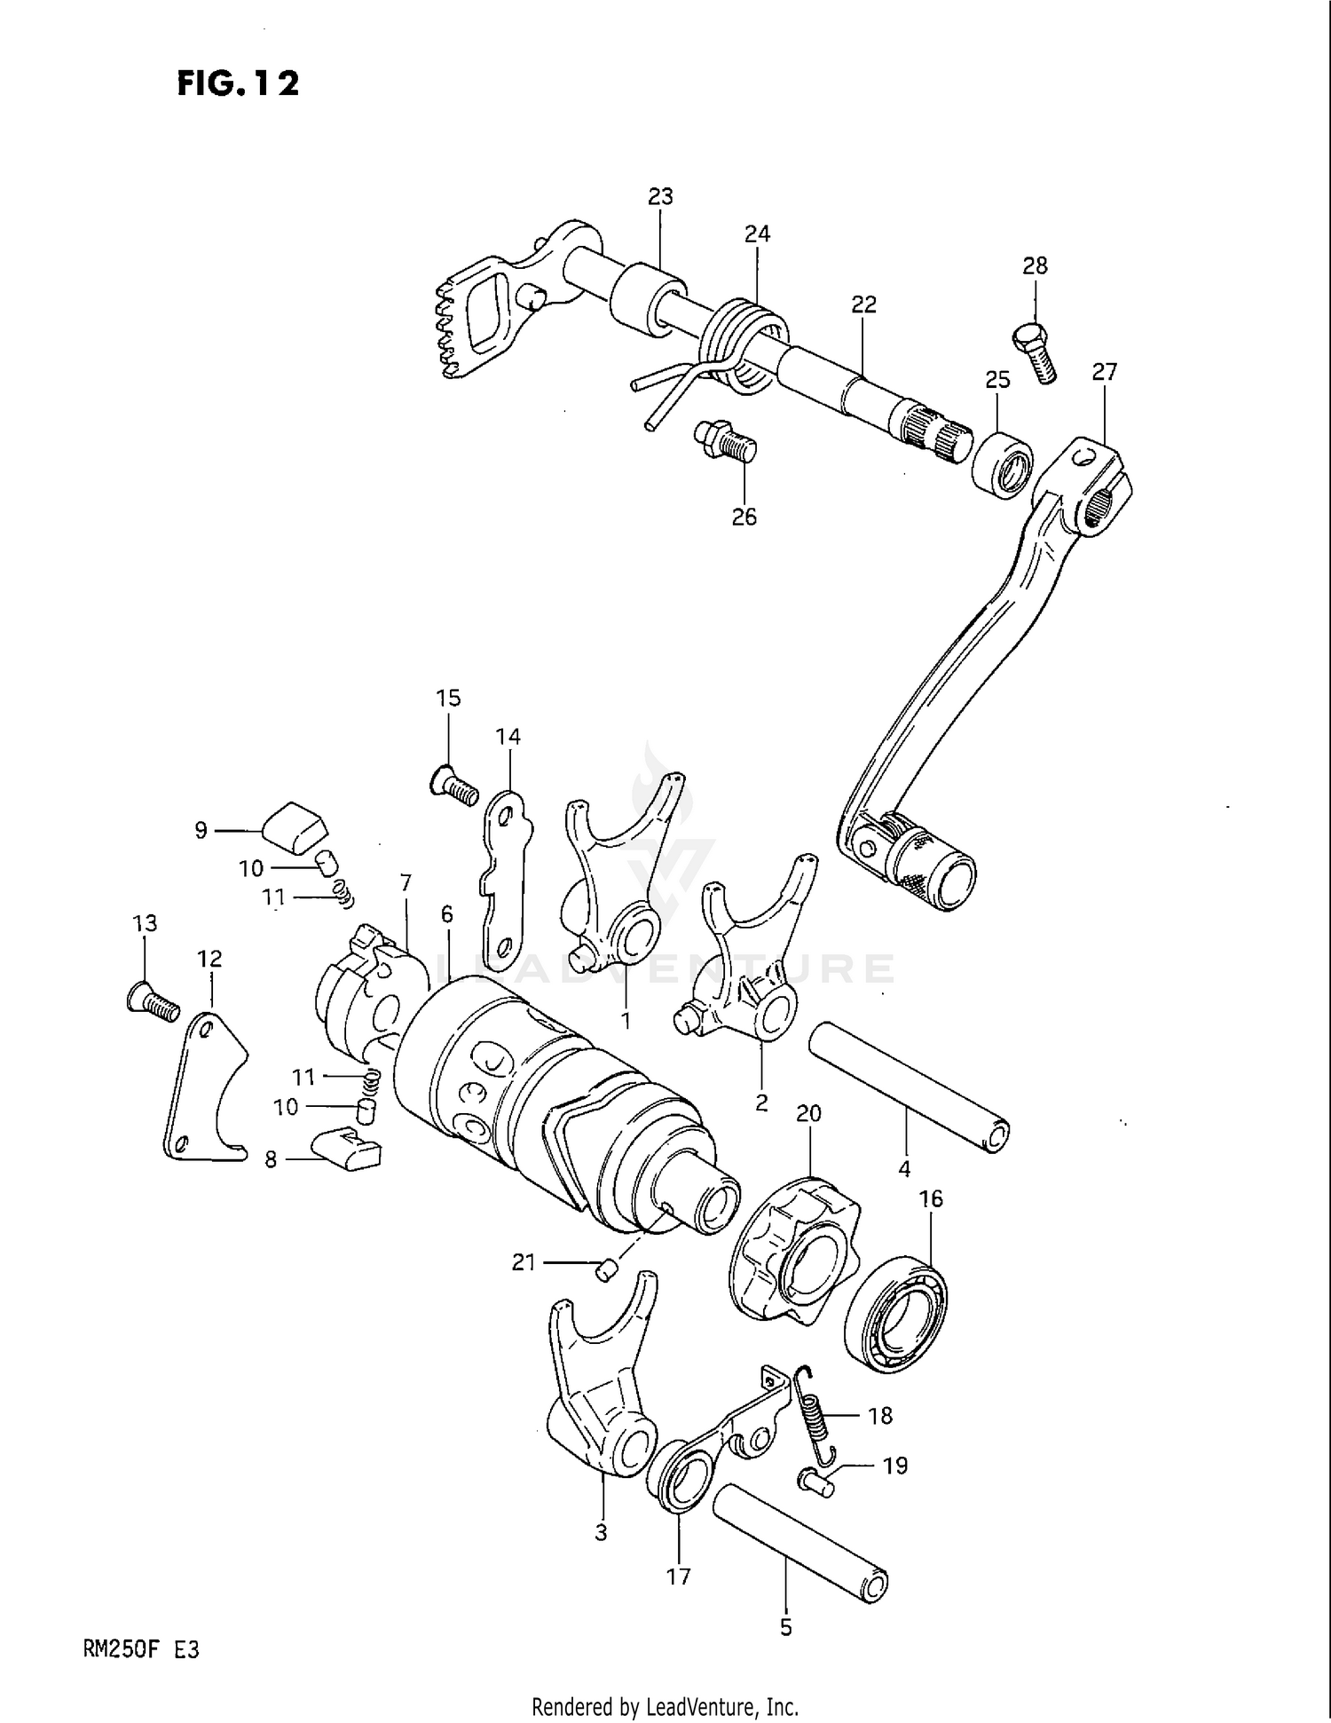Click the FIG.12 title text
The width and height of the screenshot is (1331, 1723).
tap(238, 83)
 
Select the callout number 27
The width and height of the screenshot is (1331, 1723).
tap(1104, 372)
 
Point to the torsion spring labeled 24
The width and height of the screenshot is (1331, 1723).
tap(745, 346)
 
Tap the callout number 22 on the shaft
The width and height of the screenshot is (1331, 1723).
tap(863, 304)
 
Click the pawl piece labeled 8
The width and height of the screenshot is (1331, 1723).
tap(347, 1150)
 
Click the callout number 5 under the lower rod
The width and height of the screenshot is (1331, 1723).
tap(785, 1628)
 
